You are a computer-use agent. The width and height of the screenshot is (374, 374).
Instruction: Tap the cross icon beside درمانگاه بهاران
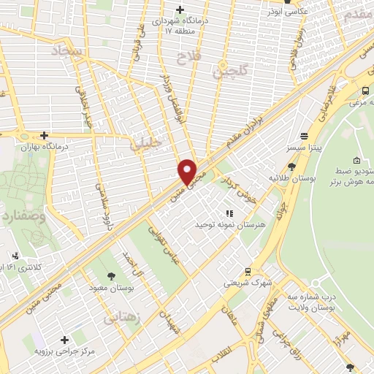[45, 135]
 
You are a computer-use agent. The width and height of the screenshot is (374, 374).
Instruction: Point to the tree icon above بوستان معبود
[110, 276]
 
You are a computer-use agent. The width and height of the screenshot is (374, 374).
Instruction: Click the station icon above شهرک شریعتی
[248, 271]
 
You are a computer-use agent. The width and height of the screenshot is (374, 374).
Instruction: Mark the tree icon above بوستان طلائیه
[292, 167]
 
